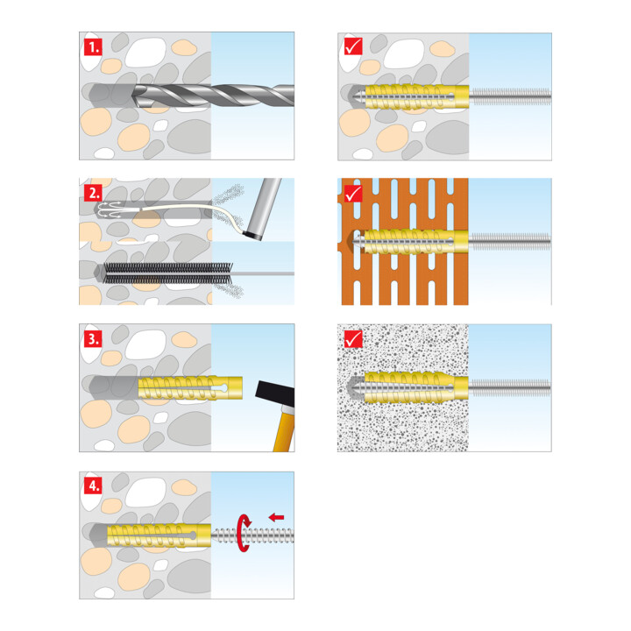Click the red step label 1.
point(93,47)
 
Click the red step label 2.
point(93,193)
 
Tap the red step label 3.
point(93,339)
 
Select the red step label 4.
point(93,486)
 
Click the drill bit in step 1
point(213,96)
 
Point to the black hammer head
point(275,393)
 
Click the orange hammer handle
point(285,429)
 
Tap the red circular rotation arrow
point(243,533)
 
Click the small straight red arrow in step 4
point(276,517)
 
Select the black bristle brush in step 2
point(168,273)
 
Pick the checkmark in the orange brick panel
point(354,194)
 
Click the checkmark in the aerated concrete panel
point(354,339)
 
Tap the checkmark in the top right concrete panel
point(354,46)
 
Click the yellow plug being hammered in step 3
point(190,388)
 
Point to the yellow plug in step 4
point(159,535)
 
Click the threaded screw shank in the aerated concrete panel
point(510,388)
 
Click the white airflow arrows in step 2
point(110,209)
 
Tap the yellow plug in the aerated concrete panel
point(416,387)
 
